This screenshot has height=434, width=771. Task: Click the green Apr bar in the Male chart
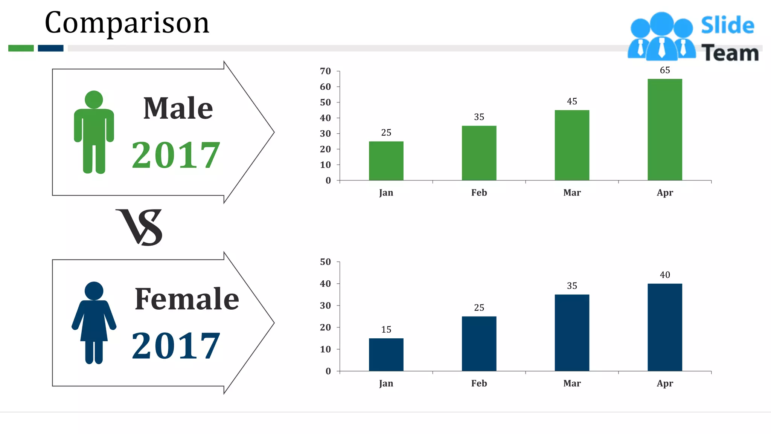click(x=664, y=130)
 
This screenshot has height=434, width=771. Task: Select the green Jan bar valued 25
click(x=386, y=161)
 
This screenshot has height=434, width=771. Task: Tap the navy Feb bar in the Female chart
click(x=479, y=344)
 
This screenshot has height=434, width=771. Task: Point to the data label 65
click(x=665, y=70)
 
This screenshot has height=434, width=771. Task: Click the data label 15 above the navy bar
click(x=386, y=330)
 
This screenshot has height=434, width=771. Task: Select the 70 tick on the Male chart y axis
click(x=325, y=71)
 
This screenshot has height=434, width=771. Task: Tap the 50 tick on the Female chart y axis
click(x=325, y=262)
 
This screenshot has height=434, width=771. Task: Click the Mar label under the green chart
click(x=572, y=193)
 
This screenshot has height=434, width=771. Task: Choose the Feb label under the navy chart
click(x=479, y=383)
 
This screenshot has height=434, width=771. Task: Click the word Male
click(x=178, y=108)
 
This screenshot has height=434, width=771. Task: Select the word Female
click(x=187, y=299)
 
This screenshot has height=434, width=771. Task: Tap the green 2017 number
click(x=175, y=155)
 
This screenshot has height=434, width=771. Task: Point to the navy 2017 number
click(x=175, y=345)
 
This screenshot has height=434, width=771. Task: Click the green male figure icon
click(x=94, y=132)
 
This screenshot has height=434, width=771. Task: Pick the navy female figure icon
click(x=94, y=322)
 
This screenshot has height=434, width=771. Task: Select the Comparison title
click(x=127, y=23)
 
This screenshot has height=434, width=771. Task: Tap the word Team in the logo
click(x=730, y=53)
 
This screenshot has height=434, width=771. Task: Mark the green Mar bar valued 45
click(x=572, y=145)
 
